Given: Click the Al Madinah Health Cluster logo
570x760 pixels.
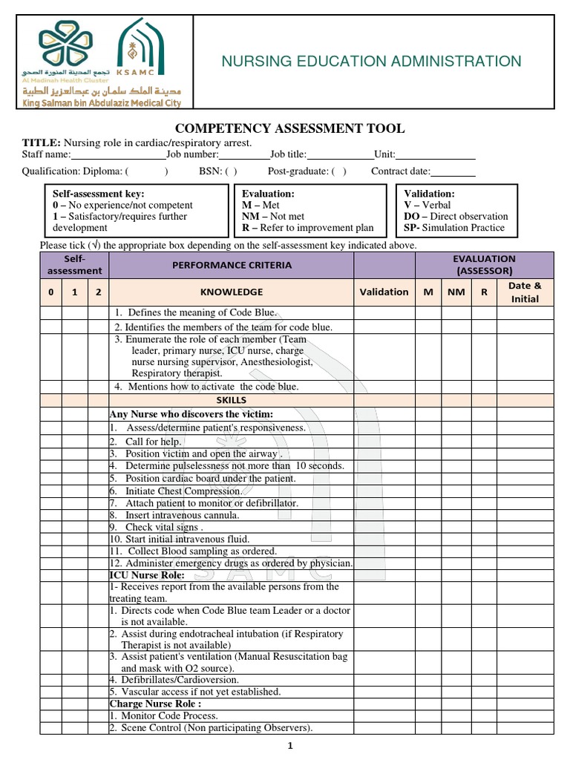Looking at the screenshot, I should (x=68, y=50).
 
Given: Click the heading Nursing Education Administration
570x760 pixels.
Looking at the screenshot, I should (x=371, y=62).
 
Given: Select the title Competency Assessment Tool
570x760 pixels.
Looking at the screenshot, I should (x=289, y=128).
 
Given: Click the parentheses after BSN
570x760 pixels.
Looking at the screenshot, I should (x=231, y=171).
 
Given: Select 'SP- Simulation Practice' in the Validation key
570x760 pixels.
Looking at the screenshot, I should (x=453, y=228).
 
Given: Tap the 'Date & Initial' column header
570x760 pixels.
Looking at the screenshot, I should (x=525, y=292).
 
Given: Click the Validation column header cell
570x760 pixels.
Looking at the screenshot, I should (x=384, y=292).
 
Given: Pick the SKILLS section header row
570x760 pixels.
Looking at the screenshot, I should (x=231, y=400).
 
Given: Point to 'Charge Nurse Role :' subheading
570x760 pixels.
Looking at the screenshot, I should (x=154, y=704).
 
